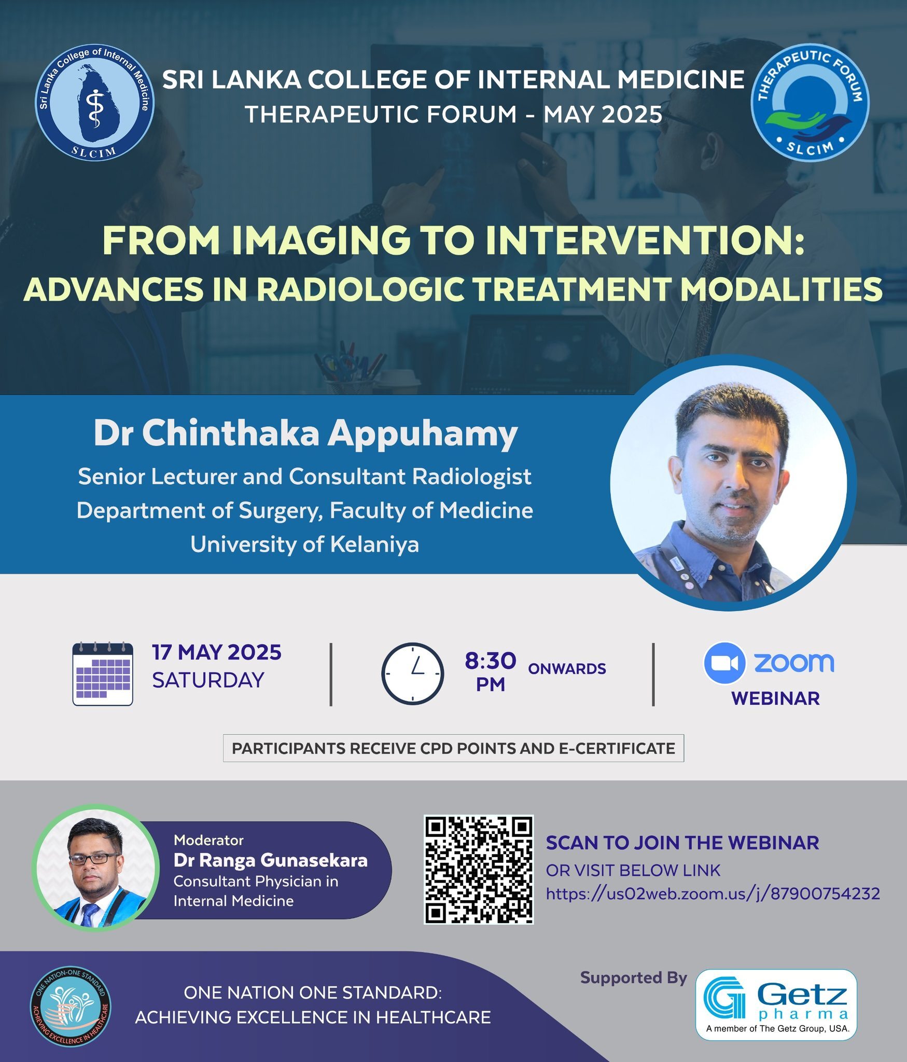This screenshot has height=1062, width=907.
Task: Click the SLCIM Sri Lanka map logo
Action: coord(94,102)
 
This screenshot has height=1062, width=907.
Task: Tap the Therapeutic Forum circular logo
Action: coord(810,102)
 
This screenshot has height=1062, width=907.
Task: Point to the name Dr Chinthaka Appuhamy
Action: coord(305,434)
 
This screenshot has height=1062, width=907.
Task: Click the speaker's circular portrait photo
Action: coord(729,483)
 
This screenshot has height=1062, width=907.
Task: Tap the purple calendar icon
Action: coord(103,674)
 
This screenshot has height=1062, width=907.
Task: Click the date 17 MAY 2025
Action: coord(216,652)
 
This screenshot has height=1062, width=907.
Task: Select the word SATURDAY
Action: coord(208,680)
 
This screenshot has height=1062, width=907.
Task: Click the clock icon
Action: coord(412,674)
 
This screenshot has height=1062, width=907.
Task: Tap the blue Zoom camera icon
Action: coord(724,663)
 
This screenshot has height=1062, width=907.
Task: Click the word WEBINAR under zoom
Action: coord(775,698)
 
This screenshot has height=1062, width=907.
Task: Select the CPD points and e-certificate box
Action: coord(453,748)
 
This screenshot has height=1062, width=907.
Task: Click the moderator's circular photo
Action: coord(96,867)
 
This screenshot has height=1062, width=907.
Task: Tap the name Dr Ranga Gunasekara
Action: coord(270,860)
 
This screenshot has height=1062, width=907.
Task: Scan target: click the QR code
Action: coord(479,870)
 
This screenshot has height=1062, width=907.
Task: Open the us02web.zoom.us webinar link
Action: coord(713,893)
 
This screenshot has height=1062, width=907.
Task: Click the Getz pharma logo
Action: coord(776,1004)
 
